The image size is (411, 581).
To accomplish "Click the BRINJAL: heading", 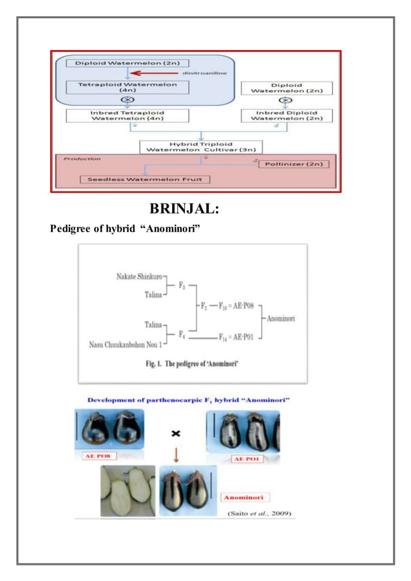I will coord(186,209).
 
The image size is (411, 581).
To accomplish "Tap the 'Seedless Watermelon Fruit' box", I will coord(148,178).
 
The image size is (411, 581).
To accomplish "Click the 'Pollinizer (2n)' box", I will coord(294,164).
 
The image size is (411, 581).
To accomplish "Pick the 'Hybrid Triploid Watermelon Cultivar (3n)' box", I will coord(202,146).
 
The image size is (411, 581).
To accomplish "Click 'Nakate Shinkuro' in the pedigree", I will coord(139,276).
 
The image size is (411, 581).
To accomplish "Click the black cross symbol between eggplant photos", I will coord(175,435).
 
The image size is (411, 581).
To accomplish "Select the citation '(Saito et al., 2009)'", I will coord(261,513).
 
